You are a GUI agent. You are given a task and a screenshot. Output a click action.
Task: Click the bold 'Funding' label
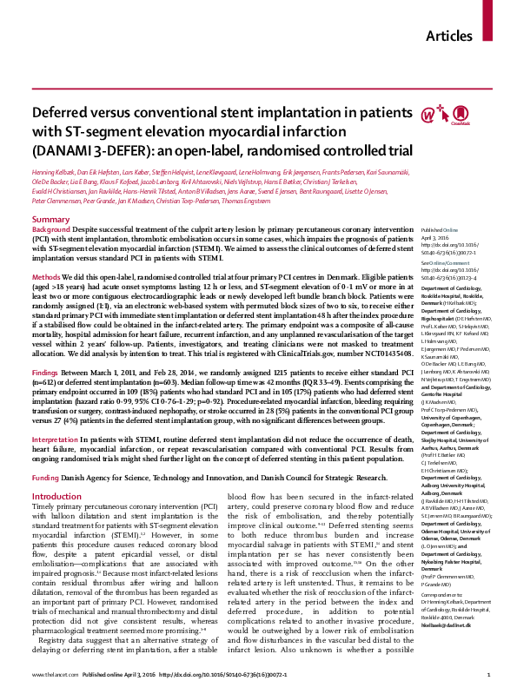(49, 478)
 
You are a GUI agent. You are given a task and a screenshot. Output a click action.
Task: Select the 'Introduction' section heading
(56, 497)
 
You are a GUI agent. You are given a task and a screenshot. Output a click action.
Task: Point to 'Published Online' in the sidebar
(440, 230)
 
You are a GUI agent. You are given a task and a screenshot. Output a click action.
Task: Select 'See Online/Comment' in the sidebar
(444, 261)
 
